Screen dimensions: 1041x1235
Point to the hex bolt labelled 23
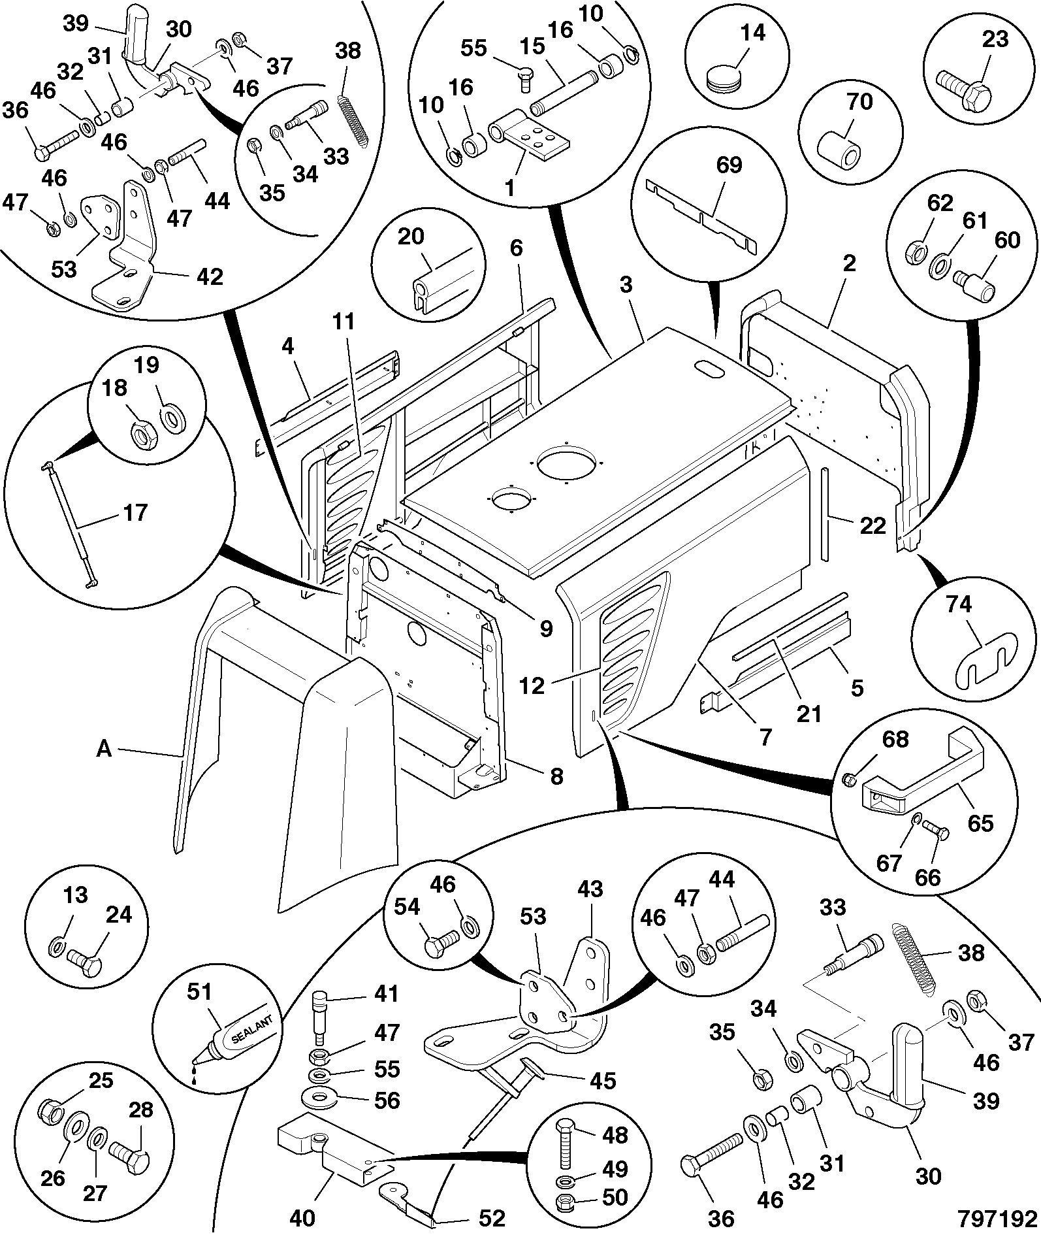coord(963,93)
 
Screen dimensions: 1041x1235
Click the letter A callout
coord(104,749)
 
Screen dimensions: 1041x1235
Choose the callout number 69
coord(729,165)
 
